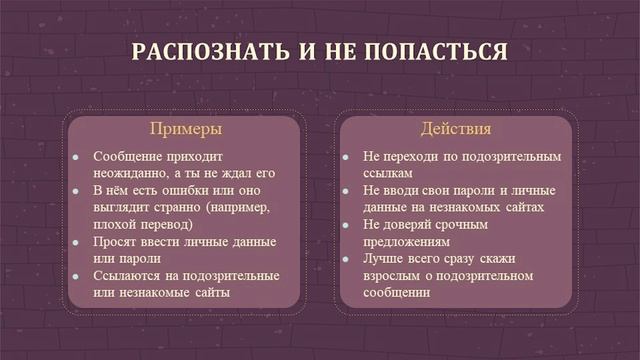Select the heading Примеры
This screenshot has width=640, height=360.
(185, 130)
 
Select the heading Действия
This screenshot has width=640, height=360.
(455, 130)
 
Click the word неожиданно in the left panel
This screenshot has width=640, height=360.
(127, 174)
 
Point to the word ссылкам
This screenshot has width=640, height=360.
(388, 174)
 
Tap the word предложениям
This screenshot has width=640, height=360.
(407, 242)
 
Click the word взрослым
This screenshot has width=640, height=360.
(397, 276)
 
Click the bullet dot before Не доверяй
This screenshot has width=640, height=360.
(345, 226)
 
